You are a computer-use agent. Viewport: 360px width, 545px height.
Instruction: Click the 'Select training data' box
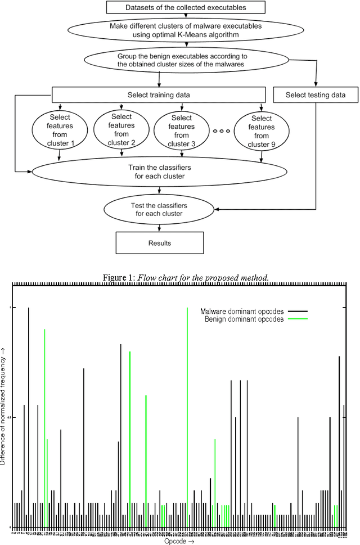(x=157, y=94)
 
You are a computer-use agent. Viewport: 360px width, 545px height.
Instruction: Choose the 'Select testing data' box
(x=315, y=94)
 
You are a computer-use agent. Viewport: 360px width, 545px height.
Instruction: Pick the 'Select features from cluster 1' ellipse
(x=59, y=130)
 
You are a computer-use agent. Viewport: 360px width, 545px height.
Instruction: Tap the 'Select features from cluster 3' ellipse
(x=181, y=130)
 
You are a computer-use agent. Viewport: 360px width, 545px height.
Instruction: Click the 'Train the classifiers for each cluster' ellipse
(x=157, y=172)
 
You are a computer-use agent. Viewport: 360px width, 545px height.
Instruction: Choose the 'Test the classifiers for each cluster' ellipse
(x=160, y=209)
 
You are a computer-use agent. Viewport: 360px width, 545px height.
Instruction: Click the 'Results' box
(x=160, y=243)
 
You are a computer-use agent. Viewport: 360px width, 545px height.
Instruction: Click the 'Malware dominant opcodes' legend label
(x=242, y=311)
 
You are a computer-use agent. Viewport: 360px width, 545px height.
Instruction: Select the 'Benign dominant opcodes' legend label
(x=244, y=319)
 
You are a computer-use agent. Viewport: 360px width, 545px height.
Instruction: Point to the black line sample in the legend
(x=298, y=311)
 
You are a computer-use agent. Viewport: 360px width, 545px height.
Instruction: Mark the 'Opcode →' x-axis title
(x=179, y=541)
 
